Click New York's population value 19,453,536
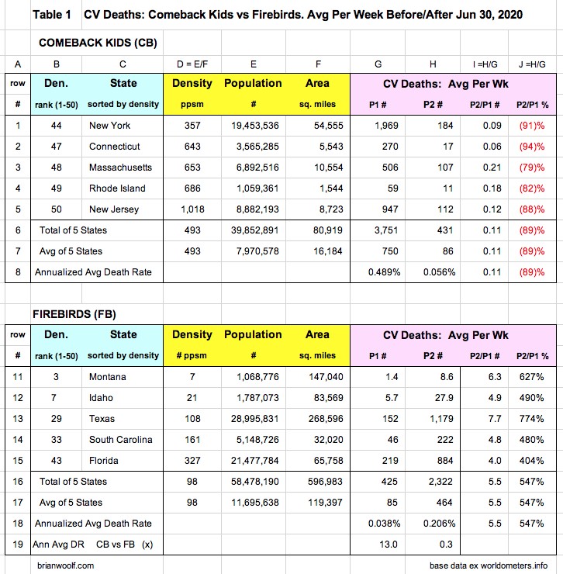pos(254,126)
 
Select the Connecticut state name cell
pos(114,147)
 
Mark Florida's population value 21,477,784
pos(254,461)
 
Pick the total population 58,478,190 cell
pos(254,482)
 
